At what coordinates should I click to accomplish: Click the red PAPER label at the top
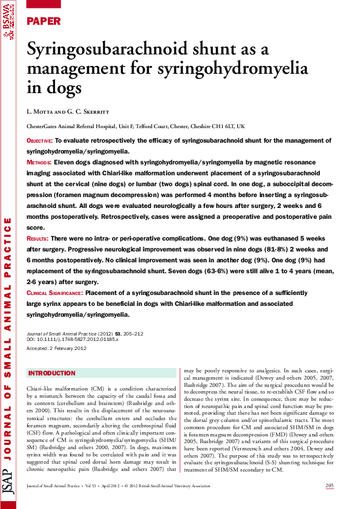tap(44, 21)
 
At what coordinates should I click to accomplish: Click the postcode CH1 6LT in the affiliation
tap(222, 127)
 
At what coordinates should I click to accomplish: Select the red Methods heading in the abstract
tap(39, 163)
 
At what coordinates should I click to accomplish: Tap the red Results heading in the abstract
tap(38, 239)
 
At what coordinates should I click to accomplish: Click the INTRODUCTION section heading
tap(52, 373)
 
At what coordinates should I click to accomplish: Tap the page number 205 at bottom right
tap(329, 487)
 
